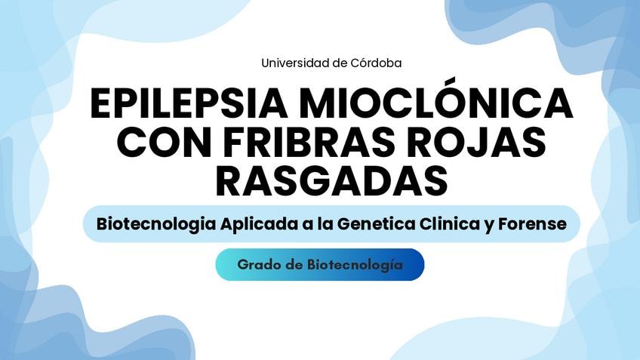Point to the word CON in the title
tap(165, 142)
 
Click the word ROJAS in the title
tap(482, 142)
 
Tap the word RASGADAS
tap(331, 181)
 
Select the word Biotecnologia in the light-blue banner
tap(156, 224)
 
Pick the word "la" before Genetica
tap(325, 223)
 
